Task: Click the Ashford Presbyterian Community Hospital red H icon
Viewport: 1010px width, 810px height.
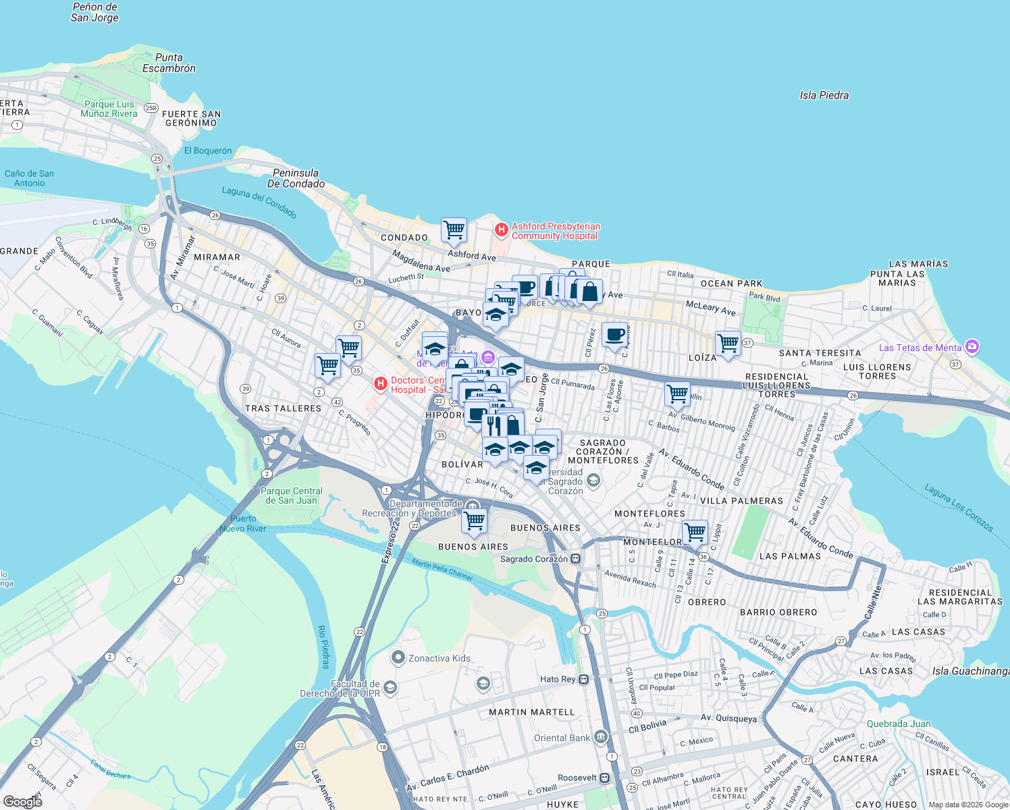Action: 501,230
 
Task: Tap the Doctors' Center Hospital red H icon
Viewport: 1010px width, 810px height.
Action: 381,384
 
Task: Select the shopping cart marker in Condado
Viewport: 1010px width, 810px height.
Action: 454,230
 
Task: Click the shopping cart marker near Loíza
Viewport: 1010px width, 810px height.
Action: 728,343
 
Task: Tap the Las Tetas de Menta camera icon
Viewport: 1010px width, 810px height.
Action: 972,347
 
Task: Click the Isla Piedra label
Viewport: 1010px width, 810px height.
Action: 824,95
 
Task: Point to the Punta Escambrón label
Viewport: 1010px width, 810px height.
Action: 169,63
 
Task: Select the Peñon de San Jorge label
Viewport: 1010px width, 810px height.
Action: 95,12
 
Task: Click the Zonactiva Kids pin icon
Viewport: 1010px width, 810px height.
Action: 398,657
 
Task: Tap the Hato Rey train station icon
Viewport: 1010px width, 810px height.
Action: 584,679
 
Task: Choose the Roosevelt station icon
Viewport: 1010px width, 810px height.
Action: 604,778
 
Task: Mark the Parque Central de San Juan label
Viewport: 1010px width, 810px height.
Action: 292,495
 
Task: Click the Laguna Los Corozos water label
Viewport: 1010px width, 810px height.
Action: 958,508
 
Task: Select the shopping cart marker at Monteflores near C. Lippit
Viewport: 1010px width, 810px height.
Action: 695,532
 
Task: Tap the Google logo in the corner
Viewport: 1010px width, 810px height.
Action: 22,801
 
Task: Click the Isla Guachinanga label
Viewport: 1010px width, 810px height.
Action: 970,671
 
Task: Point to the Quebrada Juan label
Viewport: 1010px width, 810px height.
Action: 898,724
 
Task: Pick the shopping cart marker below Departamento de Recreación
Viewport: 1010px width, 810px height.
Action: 474,520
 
